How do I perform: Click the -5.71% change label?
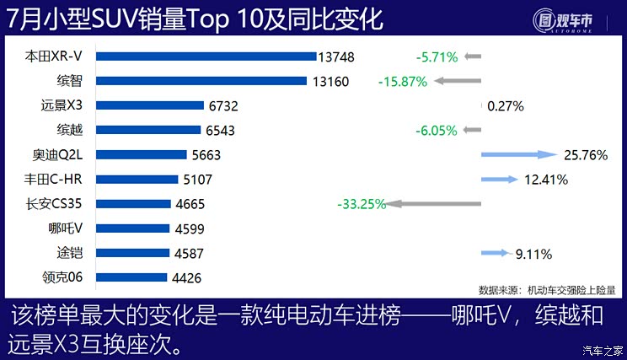(437, 57)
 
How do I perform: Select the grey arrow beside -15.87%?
(455, 82)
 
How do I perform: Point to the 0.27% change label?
(506, 106)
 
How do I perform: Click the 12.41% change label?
(545, 180)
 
